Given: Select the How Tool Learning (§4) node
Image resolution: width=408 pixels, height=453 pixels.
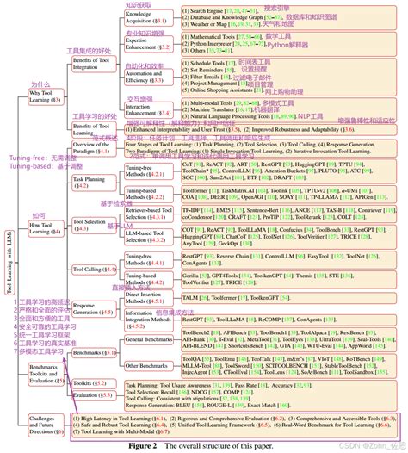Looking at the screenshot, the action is tap(41, 227).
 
